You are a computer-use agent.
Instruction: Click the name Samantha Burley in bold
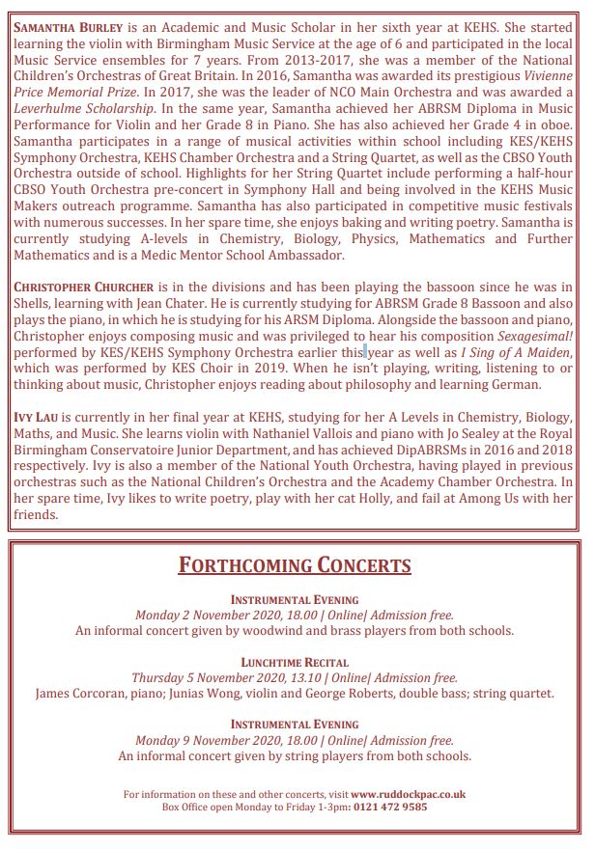pos(67,28)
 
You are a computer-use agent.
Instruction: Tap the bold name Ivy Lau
pos(37,418)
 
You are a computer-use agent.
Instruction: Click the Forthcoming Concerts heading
pos(295,564)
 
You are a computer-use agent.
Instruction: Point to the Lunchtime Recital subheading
pos(295,663)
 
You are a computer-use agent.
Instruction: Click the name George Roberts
pos(382,693)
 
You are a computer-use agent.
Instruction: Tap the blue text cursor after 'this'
pos(366,352)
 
